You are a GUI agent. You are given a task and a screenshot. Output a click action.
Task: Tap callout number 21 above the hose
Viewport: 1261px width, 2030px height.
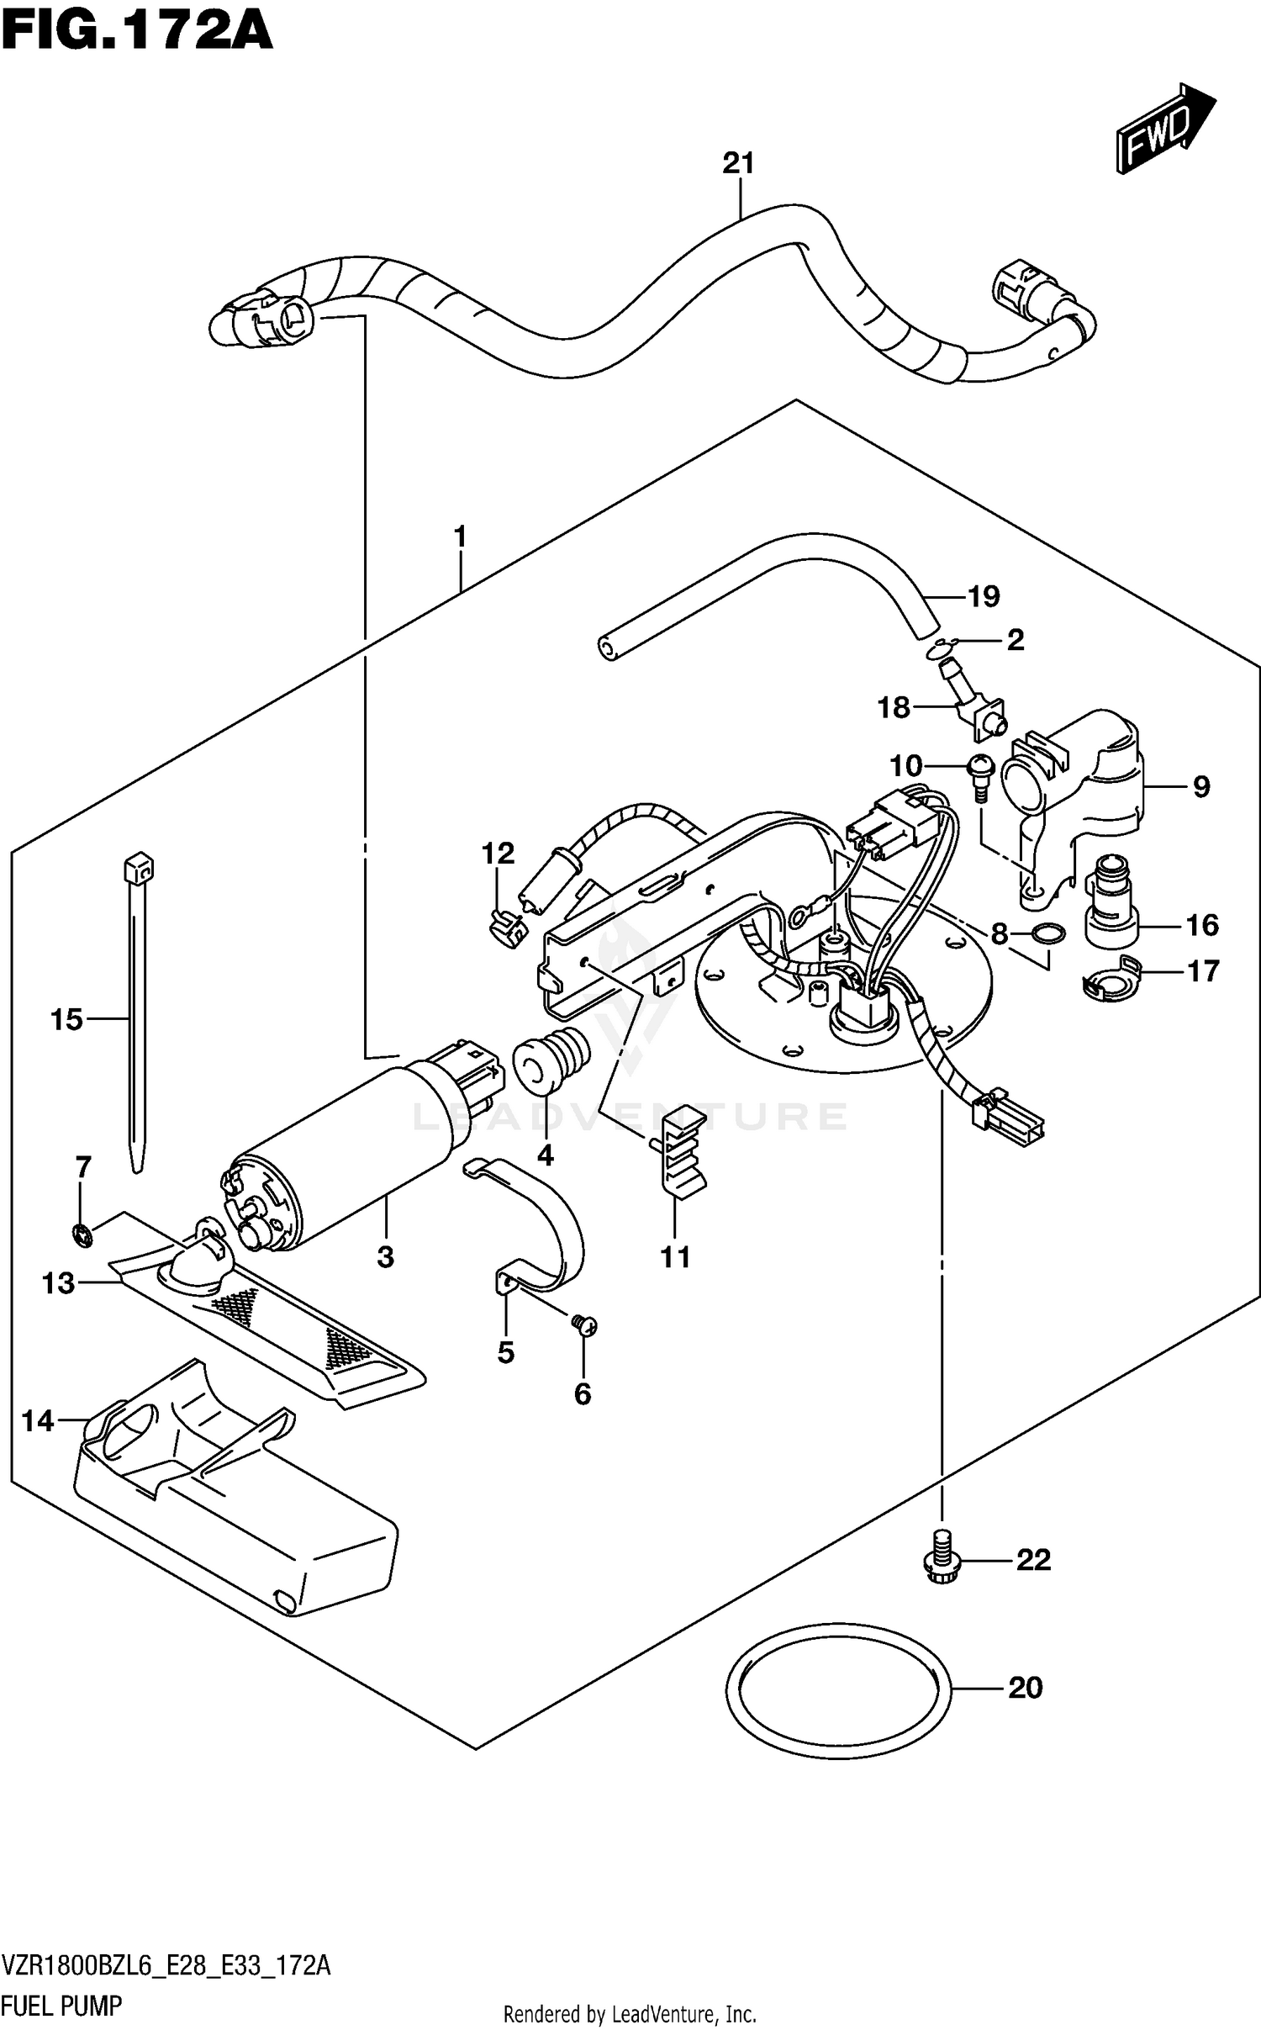(738, 163)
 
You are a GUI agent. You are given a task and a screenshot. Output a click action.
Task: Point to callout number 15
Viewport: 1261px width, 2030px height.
(66, 1020)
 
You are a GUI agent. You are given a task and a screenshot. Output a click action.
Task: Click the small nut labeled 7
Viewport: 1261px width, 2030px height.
(82, 1234)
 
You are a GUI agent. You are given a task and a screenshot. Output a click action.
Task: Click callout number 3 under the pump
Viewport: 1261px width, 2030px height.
(385, 1257)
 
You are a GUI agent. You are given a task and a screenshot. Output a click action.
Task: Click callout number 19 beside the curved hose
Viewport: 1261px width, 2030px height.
(984, 596)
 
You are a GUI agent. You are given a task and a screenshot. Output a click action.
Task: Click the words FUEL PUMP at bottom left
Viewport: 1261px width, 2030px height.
(62, 2006)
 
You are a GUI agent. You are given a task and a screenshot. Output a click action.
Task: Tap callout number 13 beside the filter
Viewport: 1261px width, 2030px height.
(58, 1284)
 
